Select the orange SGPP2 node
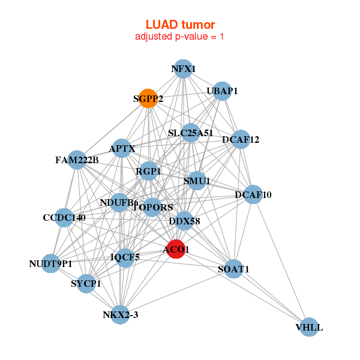click(x=148, y=98)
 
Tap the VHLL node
click(x=309, y=327)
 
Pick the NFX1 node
click(x=184, y=69)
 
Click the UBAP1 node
click(x=222, y=91)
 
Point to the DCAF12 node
click(x=241, y=140)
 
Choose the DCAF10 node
click(x=253, y=194)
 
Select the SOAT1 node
click(x=233, y=269)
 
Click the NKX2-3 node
click(x=121, y=314)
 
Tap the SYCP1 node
click(x=86, y=283)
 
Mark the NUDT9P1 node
click(x=50, y=263)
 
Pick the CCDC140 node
click(x=64, y=217)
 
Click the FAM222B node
click(x=77, y=160)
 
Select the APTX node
click(x=122, y=148)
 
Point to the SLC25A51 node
click(x=191, y=133)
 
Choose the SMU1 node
click(x=197, y=180)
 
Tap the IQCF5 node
click(x=125, y=257)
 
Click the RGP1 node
click(x=148, y=172)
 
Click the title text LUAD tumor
click(x=180, y=25)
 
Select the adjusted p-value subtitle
click(x=180, y=37)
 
